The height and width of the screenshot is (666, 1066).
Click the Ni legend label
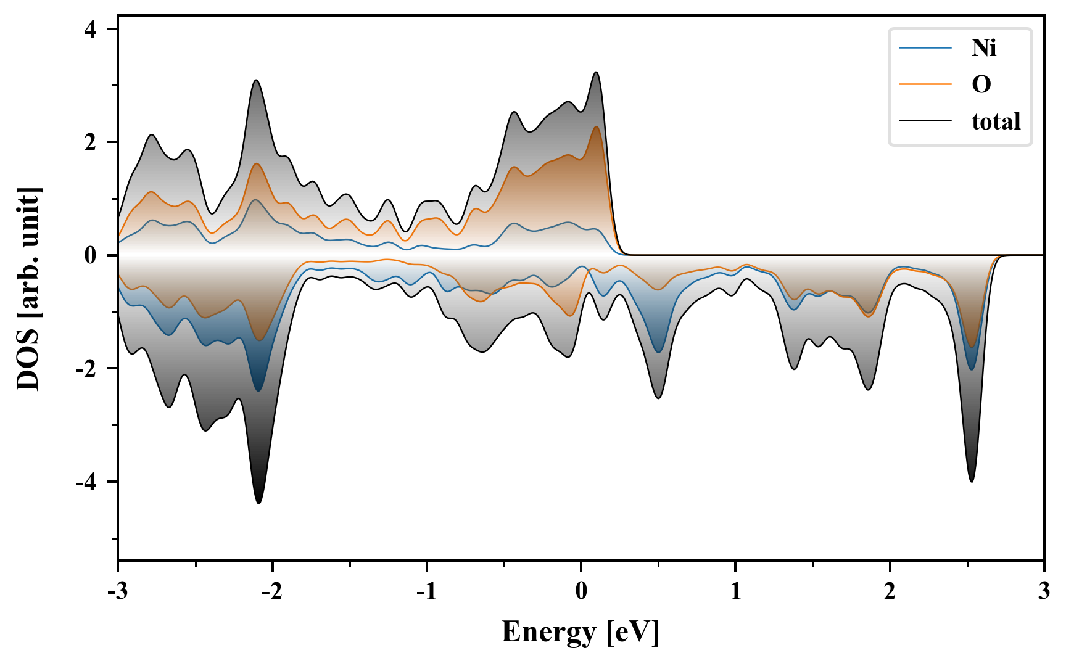pos(983,47)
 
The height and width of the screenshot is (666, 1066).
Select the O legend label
pos(981,84)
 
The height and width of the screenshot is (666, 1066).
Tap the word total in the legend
pos(996,121)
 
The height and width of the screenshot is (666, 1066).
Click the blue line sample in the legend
pos(925,47)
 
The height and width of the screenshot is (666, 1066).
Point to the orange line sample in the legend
pos(925,84)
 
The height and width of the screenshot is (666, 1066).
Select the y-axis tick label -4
pos(86,482)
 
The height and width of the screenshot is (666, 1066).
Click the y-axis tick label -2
pos(86,369)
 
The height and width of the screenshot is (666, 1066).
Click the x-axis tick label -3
pos(117,591)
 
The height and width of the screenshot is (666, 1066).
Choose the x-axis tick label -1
pos(426,591)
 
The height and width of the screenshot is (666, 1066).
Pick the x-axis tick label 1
pos(735,591)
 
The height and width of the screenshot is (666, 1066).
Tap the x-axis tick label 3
pos(1044,591)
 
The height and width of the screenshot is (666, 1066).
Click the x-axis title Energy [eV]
pos(581,632)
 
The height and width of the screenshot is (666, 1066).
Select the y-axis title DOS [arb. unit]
pos(28,289)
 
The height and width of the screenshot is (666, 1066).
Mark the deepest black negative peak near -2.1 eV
pos(258,503)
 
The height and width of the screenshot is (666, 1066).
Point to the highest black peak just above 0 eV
pos(596,72)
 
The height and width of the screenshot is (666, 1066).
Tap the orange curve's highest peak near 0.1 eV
pos(597,126)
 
